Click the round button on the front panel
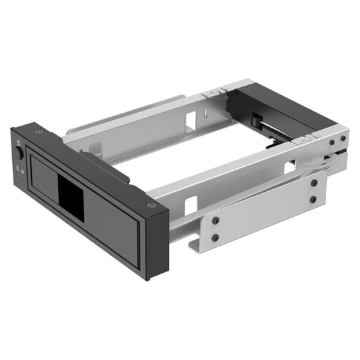20,153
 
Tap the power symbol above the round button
19,143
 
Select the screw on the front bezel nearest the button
39,130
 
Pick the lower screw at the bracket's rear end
313,199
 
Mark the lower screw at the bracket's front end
215,237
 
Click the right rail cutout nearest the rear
289,167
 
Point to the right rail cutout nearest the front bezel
191,205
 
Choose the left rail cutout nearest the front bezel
95,150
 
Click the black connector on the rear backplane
257,122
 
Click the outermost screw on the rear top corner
342,138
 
